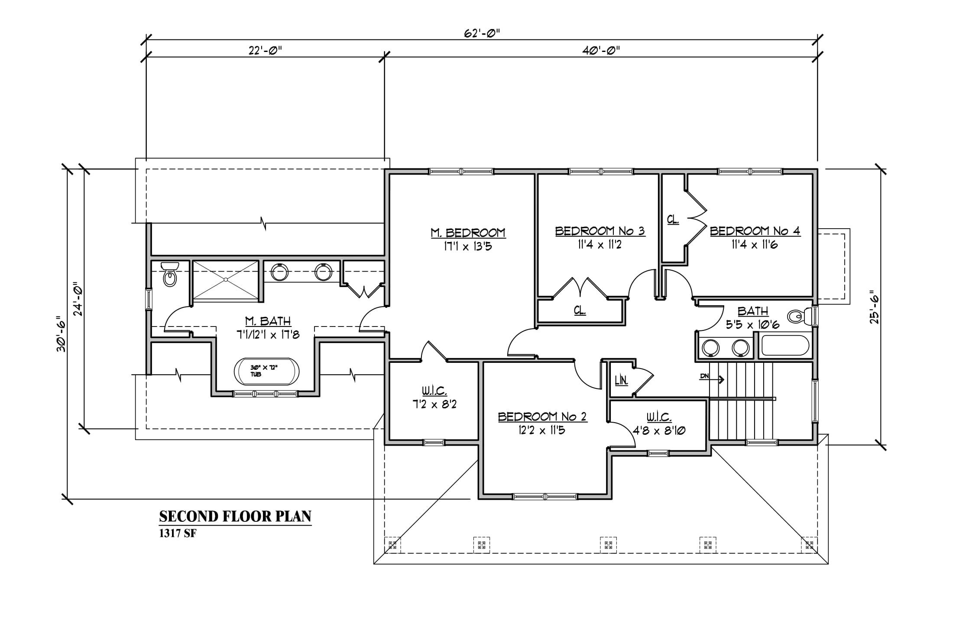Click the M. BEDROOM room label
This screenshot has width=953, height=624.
tap(468, 233)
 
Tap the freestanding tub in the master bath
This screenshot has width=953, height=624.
tap(266, 371)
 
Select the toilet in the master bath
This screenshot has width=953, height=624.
tap(170, 274)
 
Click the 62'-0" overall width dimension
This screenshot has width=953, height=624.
tap(482, 33)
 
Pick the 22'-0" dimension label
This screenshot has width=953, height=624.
tap(265, 51)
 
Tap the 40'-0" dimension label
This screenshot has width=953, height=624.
tap(600, 51)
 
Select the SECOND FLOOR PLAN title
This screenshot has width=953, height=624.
tap(235, 517)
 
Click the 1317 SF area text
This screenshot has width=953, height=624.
tap(178, 534)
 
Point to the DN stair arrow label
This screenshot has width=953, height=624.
tap(704, 376)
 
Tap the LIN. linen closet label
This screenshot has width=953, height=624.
tap(621, 381)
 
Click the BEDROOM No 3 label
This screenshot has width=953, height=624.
tap(600, 231)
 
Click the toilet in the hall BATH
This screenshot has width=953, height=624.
tap(801, 317)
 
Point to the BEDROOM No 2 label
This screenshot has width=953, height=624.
tap(542, 417)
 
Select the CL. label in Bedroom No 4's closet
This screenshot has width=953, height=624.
tap(673, 220)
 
